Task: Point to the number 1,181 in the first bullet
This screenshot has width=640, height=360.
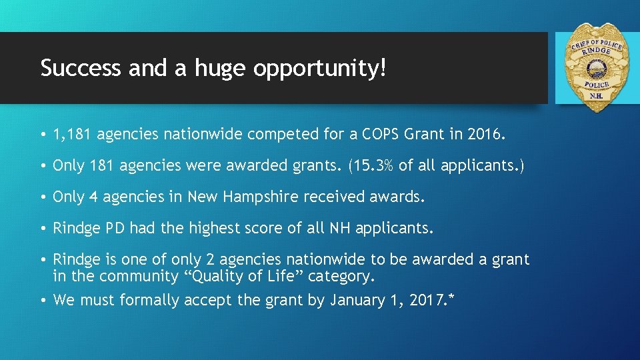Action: point(72,135)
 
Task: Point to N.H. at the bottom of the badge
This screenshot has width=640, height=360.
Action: point(595,95)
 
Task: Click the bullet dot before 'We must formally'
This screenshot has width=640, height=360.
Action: point(43,301)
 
